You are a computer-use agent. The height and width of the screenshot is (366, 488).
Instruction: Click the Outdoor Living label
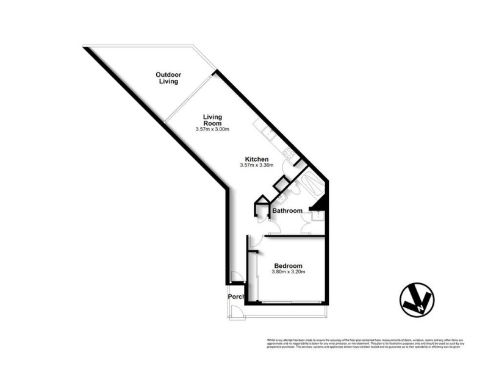(168, 77)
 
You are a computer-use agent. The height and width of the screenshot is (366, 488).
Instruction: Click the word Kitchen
(257, 159)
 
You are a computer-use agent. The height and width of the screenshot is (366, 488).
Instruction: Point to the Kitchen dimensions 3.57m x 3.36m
(257, 165)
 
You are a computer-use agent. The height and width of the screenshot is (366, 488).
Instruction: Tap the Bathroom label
(287, 211)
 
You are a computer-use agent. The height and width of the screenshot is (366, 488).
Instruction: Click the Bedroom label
(289, 265)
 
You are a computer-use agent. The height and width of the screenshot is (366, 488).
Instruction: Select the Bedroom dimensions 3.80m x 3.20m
(289, 272)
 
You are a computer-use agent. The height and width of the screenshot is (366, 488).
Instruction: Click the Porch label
(236, 297)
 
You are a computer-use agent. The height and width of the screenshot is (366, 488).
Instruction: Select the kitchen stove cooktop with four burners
(287, 150)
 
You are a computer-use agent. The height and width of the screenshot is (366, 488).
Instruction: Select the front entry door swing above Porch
(239, 278)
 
